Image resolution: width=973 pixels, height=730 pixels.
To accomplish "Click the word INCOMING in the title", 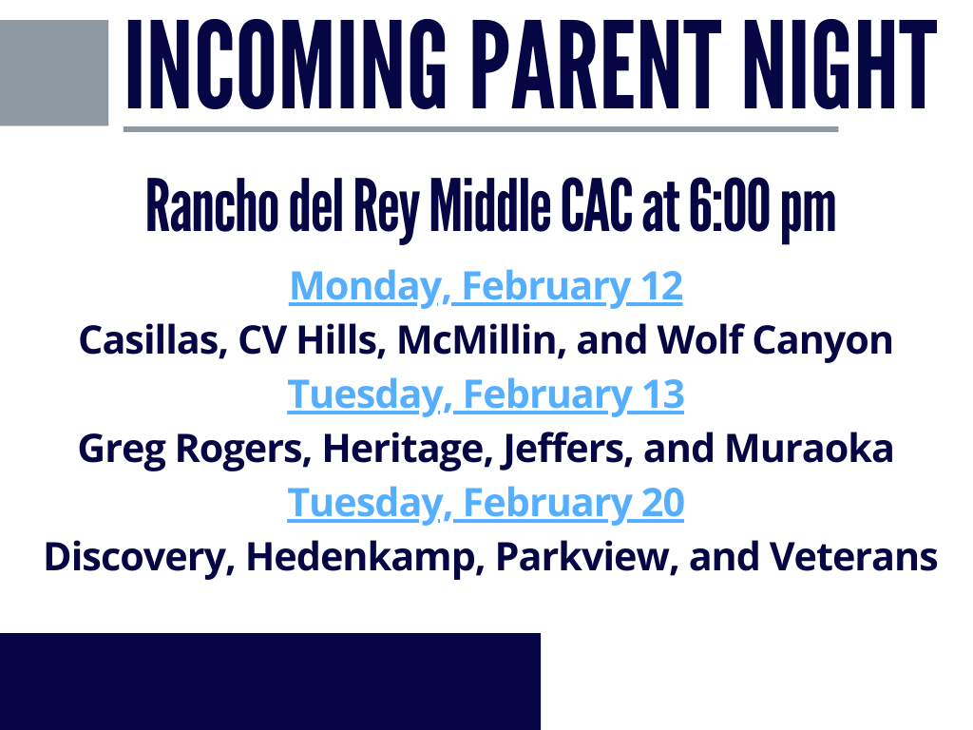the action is pyautogui.click(x=286, y=65).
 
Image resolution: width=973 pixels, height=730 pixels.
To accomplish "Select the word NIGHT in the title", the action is pyautogui.click(x=840, y=65).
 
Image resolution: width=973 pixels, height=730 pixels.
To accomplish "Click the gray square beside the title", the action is pyautogui.click(x=54, y=72).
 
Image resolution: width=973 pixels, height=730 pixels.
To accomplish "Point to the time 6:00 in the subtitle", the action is pyautogui.click(x=729, y=205).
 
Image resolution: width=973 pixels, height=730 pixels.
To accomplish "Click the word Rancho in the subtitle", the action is pyautogui.click(x=212, y=205).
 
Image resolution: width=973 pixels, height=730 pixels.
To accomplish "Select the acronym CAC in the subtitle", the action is pyautogui.click(x=597, y=205).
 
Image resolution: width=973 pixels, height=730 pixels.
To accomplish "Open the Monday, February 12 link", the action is pyautogui.click(x=486, y=286).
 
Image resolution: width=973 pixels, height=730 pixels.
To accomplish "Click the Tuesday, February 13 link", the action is pyautogui.click(x=486, y=394).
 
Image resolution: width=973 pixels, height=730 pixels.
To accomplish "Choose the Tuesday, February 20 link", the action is pyautogui.click(x=486, y=503).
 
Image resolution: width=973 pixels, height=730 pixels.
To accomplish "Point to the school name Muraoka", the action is pyautogui.click(x=810, y=449).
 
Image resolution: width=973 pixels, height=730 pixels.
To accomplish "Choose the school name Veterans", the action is pyautogui.click(x=854, y=556).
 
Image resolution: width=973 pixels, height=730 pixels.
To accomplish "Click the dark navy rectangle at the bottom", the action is pyautogui.click(x=270, y=682).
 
